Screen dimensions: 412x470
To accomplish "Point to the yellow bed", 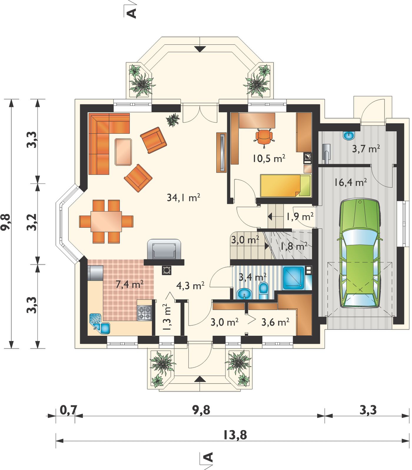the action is pos(285,186).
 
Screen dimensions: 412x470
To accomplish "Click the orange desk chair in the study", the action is pos(264,137).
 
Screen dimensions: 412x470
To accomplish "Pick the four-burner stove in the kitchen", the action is pos(144,313).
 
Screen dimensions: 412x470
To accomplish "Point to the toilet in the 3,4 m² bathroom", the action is pos(264,291).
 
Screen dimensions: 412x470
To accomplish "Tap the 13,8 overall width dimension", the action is pos(235,435).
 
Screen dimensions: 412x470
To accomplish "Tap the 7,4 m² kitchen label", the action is pos(129,284).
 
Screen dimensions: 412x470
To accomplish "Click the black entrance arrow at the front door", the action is pos(200,379).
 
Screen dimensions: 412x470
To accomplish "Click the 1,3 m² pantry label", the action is pos(167,317).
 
